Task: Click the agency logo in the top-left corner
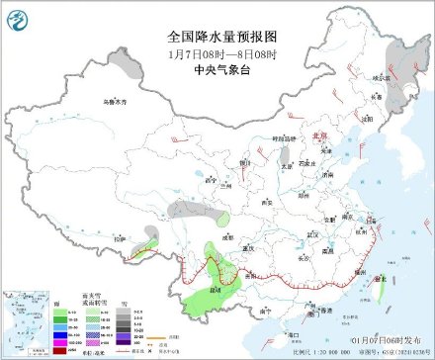(17, 17)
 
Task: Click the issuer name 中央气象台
(217, 69)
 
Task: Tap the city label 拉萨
(121, 239)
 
